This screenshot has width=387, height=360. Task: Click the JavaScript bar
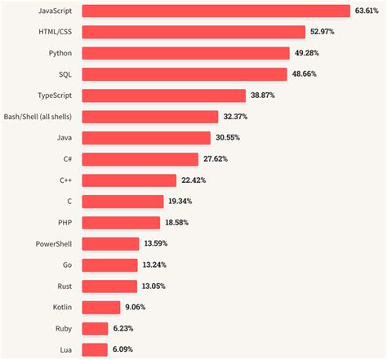point(216,11)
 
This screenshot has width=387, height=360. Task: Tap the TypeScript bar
point(164,96)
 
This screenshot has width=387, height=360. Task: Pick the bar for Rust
point(109,285)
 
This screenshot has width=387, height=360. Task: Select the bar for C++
point(129,180)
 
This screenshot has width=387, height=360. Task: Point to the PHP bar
point(122,222)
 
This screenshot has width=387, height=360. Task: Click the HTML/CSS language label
point(54,33)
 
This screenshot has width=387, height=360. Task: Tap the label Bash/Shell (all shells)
point(40,117)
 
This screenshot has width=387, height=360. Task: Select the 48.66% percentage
point(305,74)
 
